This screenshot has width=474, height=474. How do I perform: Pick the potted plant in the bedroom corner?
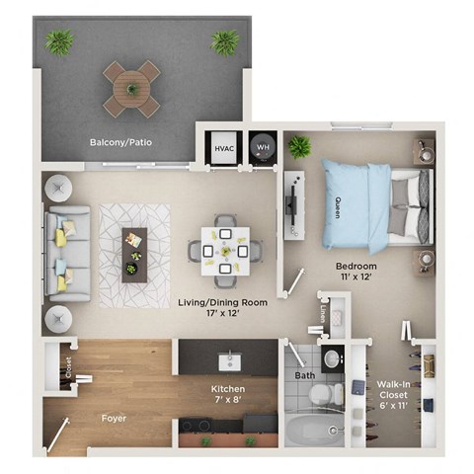point(299,147)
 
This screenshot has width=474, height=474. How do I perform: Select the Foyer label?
point(114,418)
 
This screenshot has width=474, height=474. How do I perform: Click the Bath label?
point(304,375)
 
